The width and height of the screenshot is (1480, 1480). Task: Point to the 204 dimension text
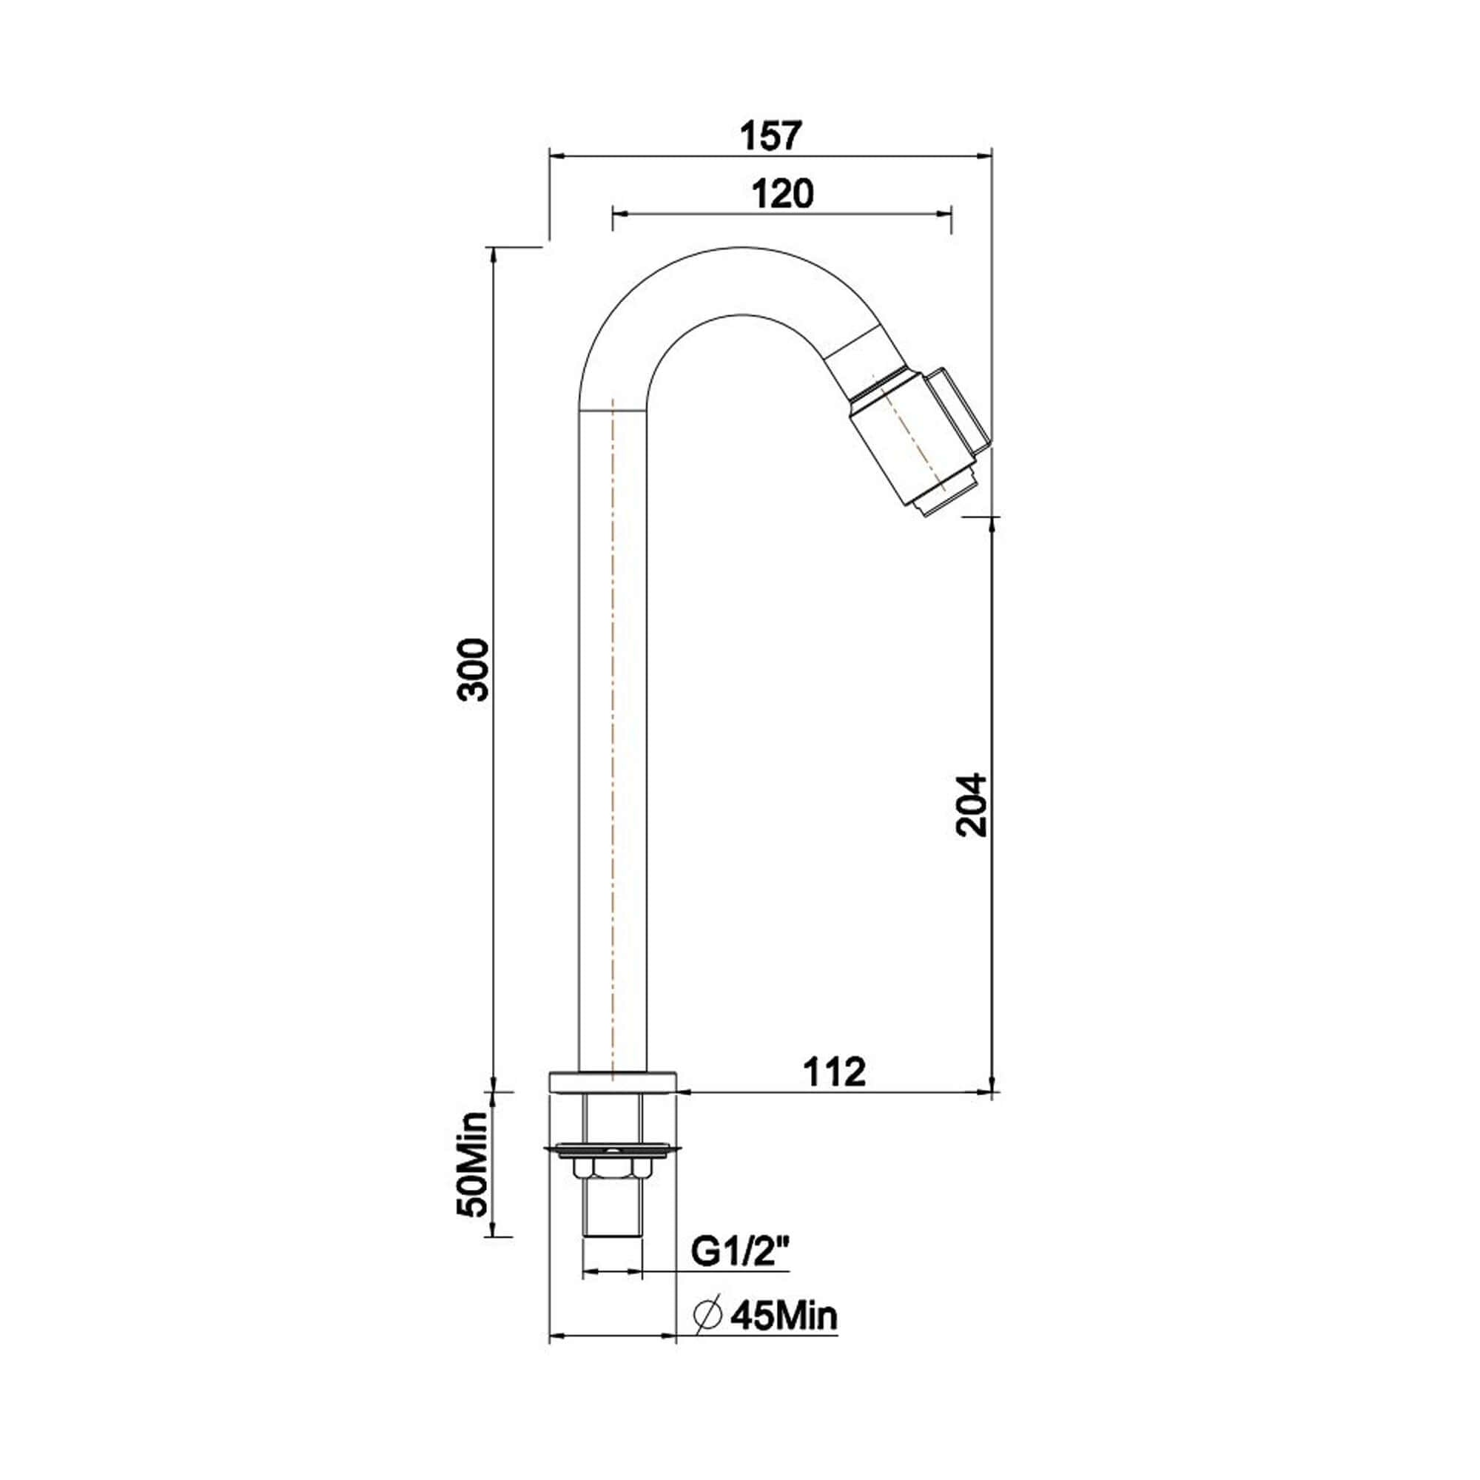973,804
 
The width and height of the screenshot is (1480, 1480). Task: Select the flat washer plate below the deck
613,1171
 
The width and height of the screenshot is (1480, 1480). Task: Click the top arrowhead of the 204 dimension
992,524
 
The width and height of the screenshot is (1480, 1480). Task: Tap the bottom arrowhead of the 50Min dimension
492,1256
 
